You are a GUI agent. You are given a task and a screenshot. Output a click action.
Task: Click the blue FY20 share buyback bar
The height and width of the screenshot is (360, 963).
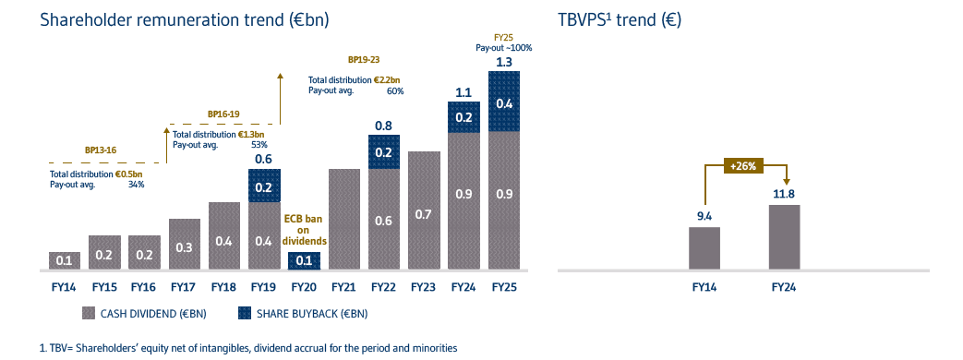coord(304,261)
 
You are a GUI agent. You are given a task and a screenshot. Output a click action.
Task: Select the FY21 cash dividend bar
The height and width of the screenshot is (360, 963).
coord(343,220)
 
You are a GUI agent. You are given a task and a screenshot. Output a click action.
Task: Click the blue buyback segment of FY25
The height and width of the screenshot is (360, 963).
coord(503,102)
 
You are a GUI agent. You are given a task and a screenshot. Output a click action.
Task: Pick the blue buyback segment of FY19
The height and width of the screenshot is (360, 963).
coord(264,186)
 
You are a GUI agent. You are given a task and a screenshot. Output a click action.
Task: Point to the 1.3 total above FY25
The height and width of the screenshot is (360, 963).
coord(504,62)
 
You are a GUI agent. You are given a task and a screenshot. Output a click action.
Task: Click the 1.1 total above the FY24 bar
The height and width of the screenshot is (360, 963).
coord(463,92)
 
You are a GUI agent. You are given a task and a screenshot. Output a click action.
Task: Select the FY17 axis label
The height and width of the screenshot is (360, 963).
coord(185,288)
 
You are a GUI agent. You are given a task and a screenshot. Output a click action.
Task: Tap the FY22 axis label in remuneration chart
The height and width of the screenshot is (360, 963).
coord(383,288)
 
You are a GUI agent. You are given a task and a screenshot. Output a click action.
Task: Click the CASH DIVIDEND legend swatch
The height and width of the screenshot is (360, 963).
coord(90,313)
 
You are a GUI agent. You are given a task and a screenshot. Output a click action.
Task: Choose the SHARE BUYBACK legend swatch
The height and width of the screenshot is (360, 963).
coord(246,313)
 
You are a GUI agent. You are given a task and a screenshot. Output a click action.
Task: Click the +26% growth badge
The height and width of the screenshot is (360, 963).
coord(744,166)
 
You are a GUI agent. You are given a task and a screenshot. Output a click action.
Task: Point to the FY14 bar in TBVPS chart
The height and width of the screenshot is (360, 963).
coord(704,248)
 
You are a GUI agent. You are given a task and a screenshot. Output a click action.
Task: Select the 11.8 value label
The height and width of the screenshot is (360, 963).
coord(784,194)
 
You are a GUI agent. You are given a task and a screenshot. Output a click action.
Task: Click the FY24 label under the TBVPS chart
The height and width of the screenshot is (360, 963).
coord(784,288)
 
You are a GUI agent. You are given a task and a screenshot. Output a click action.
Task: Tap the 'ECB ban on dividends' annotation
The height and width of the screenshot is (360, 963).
coord(304,228)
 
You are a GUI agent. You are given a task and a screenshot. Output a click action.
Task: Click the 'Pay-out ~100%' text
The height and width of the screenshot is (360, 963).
coord(504,46)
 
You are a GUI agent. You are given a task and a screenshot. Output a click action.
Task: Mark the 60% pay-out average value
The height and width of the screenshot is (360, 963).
coord(396,91)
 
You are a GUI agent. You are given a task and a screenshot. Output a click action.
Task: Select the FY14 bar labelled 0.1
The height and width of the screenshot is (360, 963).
coord(64,260)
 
